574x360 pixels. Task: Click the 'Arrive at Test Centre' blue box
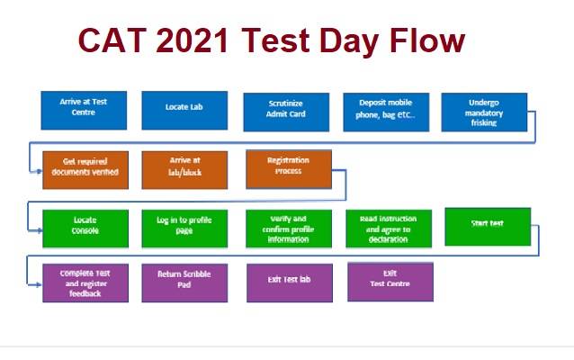(x=85, y=111)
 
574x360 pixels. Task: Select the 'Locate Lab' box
(x=184, y=111)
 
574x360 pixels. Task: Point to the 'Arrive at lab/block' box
(x=184, y=169)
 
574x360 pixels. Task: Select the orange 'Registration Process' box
(x=288, y=168)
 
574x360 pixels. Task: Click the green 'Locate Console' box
(x=85, y=227)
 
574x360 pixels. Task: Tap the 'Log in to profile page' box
(x=184, y=227)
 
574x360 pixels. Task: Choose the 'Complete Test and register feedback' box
(x=85, y=282)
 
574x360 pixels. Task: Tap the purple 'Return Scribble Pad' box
(x=184, y=282)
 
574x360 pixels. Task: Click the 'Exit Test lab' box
(x=288, y=282)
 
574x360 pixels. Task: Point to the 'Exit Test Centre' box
(x=390, y=281)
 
